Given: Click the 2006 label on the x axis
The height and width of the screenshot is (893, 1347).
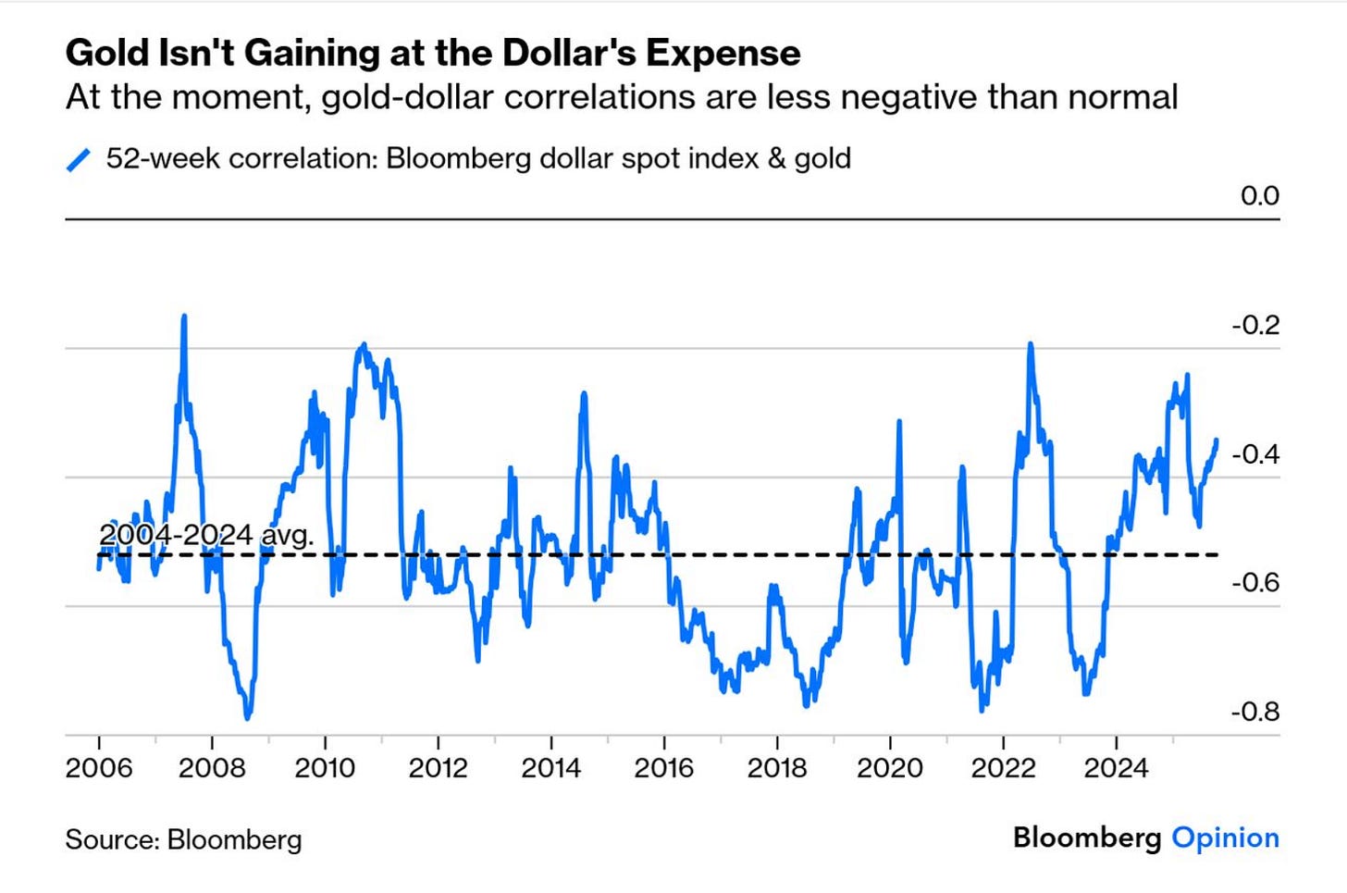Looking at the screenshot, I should point(99,768).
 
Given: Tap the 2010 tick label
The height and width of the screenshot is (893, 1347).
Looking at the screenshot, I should point(325,768).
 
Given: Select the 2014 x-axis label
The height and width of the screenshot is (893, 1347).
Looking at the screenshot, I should point(550,768).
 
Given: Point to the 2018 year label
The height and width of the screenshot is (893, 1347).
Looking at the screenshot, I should point(776,768).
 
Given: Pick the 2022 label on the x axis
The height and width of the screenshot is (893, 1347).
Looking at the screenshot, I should point(1003,768).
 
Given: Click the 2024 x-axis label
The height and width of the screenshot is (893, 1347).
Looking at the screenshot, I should point(1116,768).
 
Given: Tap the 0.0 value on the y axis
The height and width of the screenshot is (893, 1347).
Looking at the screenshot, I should point(1259,196).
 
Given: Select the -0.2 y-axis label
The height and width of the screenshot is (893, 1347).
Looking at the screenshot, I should point(1255,325).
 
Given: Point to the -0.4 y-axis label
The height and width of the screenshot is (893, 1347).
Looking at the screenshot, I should point(1255,453).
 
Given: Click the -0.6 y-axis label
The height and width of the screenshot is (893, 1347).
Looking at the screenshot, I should point(1255,582).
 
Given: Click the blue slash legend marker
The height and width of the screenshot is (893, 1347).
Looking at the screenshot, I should point(79,160).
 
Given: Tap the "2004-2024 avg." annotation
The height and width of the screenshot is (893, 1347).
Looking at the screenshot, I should point(206,535).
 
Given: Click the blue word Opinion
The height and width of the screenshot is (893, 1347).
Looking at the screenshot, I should point(1225,837).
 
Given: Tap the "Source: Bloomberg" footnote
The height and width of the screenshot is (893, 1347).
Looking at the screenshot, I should point(183,839).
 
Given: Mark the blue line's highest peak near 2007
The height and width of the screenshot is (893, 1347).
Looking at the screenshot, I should point(184,317).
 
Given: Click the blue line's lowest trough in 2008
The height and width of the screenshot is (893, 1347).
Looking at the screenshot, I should point(247,717).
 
